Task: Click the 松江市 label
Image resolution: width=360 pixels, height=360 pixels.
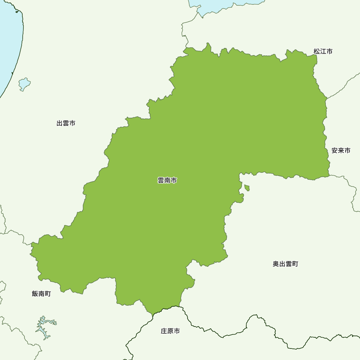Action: (323, 51)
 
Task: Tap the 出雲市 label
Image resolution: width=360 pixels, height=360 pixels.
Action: (66, 123)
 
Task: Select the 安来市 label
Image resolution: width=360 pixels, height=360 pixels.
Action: (341, 151)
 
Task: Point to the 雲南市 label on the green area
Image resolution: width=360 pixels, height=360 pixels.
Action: (167, 181)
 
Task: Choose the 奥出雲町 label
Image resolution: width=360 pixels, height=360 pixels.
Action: (285, 264)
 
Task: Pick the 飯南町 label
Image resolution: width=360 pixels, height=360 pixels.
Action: (41, 294)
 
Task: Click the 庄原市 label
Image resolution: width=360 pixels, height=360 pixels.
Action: (170, 331)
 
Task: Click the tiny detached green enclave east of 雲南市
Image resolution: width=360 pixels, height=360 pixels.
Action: (247, 188)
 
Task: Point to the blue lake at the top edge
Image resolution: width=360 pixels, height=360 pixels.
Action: (216, 5)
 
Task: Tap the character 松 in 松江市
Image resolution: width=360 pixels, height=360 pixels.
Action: (316, 51)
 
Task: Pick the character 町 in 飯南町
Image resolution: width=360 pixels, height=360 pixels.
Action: (48, 294)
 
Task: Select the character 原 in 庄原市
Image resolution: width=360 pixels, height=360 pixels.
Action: (170, 331)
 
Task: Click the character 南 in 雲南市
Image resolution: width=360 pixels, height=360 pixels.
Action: (167, 181)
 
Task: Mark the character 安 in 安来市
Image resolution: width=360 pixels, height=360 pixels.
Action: (334, 151)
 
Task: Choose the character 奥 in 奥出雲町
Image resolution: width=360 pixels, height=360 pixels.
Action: (276, 264)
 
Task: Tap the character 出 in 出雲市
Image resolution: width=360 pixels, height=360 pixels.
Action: (59, 123)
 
